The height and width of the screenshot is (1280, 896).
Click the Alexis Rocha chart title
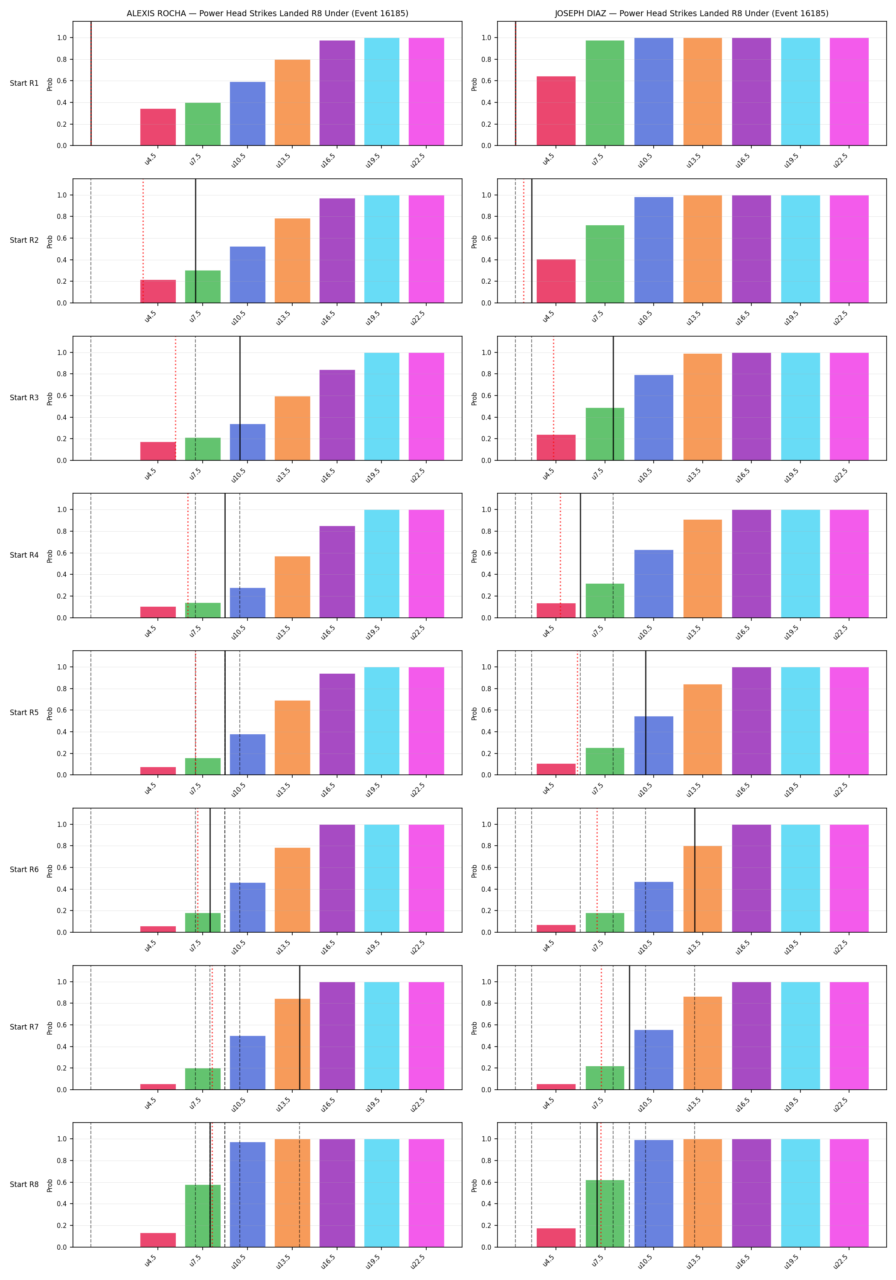[267, 13]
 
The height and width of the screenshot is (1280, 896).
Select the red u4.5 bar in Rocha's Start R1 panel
[158, 127]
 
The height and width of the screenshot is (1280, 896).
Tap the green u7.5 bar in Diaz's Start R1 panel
[605, 93]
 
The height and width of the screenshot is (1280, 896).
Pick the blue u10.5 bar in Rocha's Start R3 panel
[247, 442]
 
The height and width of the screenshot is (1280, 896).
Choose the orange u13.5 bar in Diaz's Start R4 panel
[703, 569]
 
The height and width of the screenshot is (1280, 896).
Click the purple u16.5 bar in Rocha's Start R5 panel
[337, 724]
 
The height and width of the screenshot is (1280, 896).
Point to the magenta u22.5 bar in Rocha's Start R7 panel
[427, 1036]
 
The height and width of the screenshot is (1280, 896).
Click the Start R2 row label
[24, 240]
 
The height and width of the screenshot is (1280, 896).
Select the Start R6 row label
[24, 870]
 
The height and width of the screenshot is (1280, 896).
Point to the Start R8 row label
[24, 1184]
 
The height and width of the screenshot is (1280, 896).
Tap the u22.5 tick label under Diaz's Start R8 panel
[840, 1261]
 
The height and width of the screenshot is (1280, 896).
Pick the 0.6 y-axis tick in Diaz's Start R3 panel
[486, 396]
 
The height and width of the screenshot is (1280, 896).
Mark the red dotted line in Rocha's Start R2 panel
[143, 241]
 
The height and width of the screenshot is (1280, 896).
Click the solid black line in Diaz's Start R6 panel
[695, 870]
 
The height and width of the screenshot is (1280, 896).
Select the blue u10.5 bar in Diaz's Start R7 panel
[654, 1060]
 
